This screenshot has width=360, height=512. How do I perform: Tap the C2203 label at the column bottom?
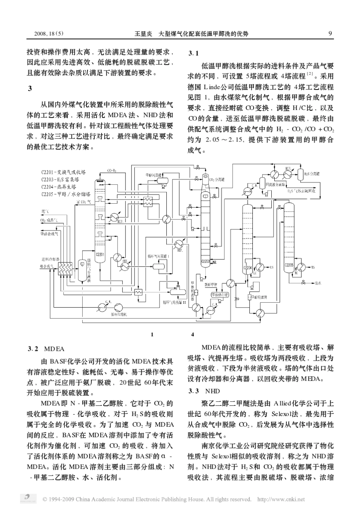tap(205, 262)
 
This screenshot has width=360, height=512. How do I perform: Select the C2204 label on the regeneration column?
tap(247, 268)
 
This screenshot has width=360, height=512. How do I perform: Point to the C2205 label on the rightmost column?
tap(289, 265)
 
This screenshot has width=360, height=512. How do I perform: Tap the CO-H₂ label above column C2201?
tap(112, 170)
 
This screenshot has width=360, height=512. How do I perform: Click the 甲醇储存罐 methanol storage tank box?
tap(220, 295)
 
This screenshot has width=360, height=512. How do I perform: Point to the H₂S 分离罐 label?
tap(312, 174)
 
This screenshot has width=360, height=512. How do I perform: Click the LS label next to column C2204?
tap(271, 267)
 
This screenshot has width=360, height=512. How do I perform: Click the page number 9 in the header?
tap(330, 34)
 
